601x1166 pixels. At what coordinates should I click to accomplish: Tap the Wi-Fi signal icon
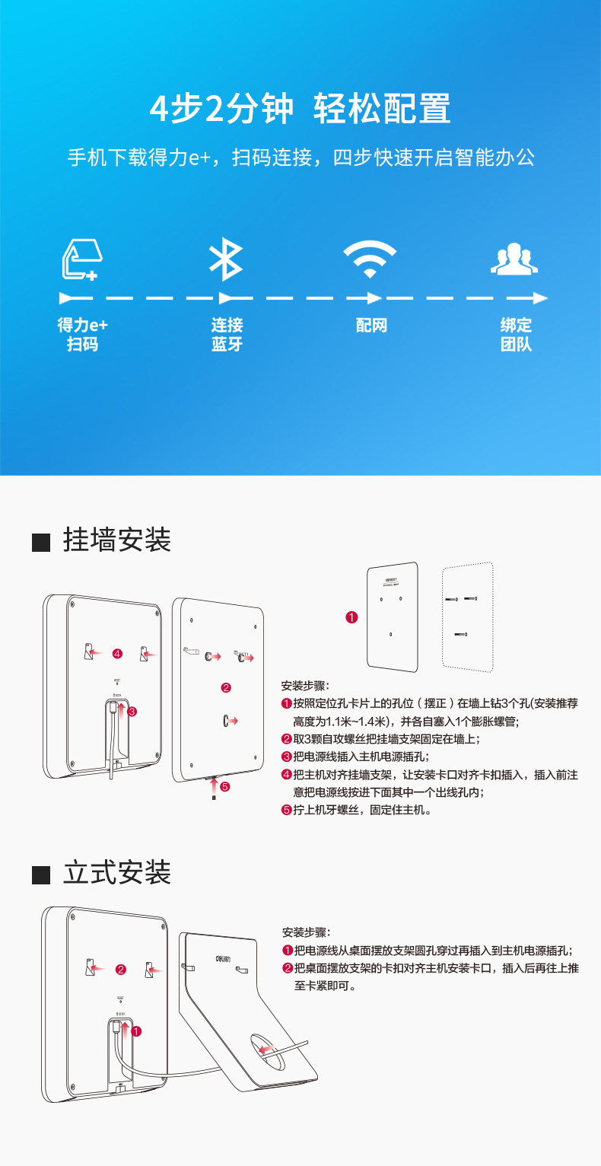click(370, 260)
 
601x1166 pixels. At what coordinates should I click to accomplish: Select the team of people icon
click(514, 260)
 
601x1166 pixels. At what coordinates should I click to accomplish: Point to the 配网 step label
click(371, 326)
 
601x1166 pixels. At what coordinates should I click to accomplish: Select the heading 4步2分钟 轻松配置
click(300, 108)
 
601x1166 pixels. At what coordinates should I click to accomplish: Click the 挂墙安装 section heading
click(117, 540)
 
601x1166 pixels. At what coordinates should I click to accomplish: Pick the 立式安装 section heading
click(117, 872)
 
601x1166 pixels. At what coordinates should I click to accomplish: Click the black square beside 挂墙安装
click(41, 543)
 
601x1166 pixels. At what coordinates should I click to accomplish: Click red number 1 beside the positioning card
click(351, 617)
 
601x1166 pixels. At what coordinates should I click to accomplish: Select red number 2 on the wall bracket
click(225, 688)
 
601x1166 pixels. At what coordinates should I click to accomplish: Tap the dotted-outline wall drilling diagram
click(468, 616)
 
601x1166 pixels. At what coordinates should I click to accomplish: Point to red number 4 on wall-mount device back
click(117, 653)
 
